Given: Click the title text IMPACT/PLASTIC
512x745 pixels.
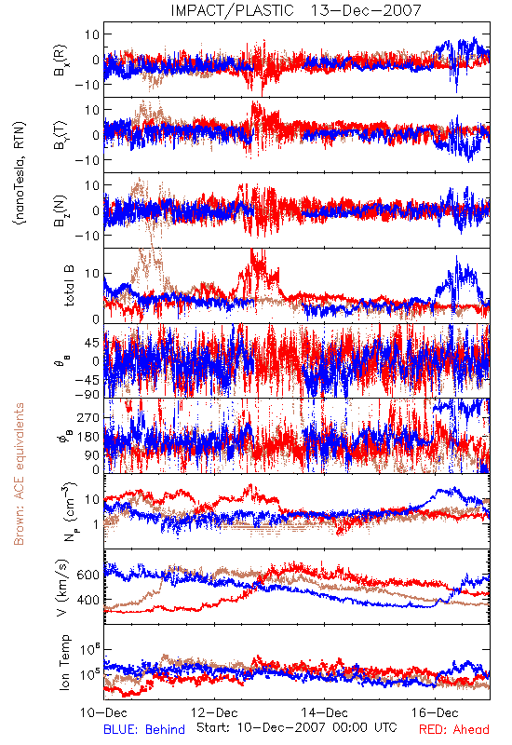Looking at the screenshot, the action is pyautogui.click(x=232, y=10).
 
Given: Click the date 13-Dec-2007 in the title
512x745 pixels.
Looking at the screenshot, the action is pyautogui.click(x=366, y=10).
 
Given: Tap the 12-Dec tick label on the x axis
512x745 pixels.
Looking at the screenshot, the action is pyautogui.click(x=214, y=712).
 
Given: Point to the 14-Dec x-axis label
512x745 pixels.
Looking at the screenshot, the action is pyautogui.click(x=324, y=712).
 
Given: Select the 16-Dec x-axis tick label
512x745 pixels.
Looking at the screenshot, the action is pyautogui.click(x=435, y=712).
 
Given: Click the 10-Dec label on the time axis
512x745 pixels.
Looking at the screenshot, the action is pyautogui.click(x=104, y=712).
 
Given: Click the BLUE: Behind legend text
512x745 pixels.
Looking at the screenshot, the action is pyautogui.click(x=144, y=729).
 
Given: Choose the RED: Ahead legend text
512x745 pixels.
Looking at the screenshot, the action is pyautogui.click(x=454, y=729).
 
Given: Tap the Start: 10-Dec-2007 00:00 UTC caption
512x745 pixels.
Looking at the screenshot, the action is pyautogui.click(x=297, y=727).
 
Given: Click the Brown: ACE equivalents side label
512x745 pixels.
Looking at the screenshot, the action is pyautogui.click(x=19, y=474).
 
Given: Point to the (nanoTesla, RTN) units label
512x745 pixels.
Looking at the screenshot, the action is pyautogui.click(x=20, y=173).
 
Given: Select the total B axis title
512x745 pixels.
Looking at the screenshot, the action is pyautogui.click(x=68, y=286).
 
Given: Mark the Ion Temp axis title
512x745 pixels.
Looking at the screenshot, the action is pyautogui.click(x=64, y=662).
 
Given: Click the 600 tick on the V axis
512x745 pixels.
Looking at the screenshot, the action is pyautogui.click(x=88, y=575).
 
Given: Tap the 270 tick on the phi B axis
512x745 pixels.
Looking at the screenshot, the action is pyautogui.click(x=88, y=417).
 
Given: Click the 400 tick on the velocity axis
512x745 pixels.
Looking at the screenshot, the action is pyautogui.click(x=88, y=600).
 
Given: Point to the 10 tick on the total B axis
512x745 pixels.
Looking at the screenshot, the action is pyautogui.click(x=92, y=274).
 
